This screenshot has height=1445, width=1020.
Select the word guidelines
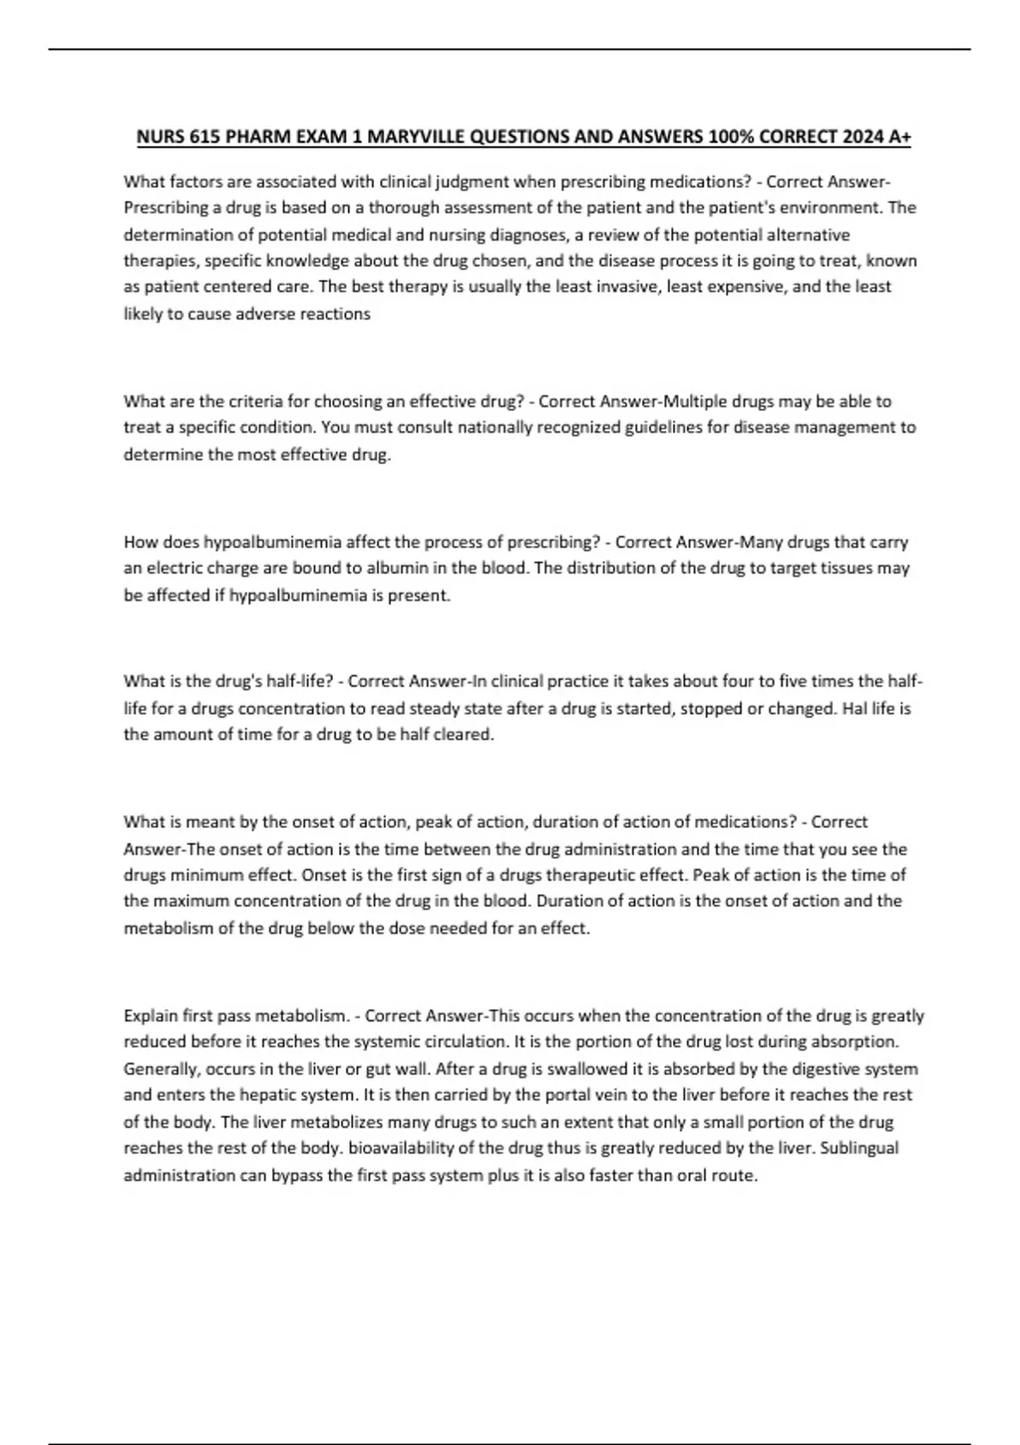coord(665,428)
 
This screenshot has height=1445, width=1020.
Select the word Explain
coord(150,1016)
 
